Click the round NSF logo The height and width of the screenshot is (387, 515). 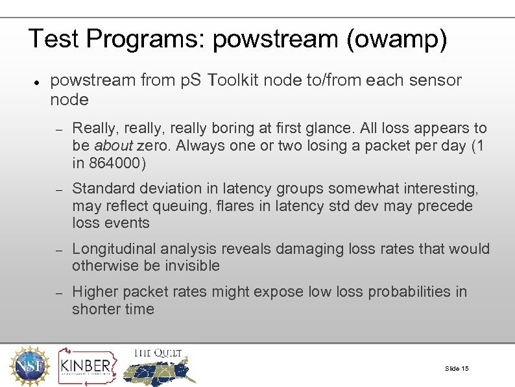[29, 366]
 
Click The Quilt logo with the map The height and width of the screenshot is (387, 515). [160, 366]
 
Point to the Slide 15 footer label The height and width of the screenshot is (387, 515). [457, 369]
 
